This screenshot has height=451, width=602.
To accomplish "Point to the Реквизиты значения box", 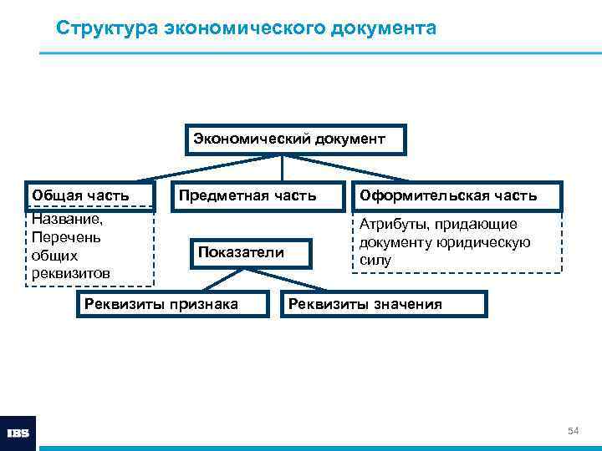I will pyautogui.click(x=382, y=303).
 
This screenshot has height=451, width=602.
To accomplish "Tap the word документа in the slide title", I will pyautogui.click(x=385, y=28).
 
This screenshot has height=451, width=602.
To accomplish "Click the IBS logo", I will pyautogui.click(x=18, y=433).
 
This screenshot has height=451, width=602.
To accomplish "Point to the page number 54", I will pyautogui.click(x=574, y=430).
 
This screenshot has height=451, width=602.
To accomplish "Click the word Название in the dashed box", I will pyautogui.click(x=66, y=220).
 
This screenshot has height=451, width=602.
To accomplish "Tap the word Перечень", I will pyautogui.click(x=66, y=238).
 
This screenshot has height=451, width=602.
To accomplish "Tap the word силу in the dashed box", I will pyautogui.click(x=375, y=261).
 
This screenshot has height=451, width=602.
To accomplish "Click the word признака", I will pyautogui.click(x=204, y=303).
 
